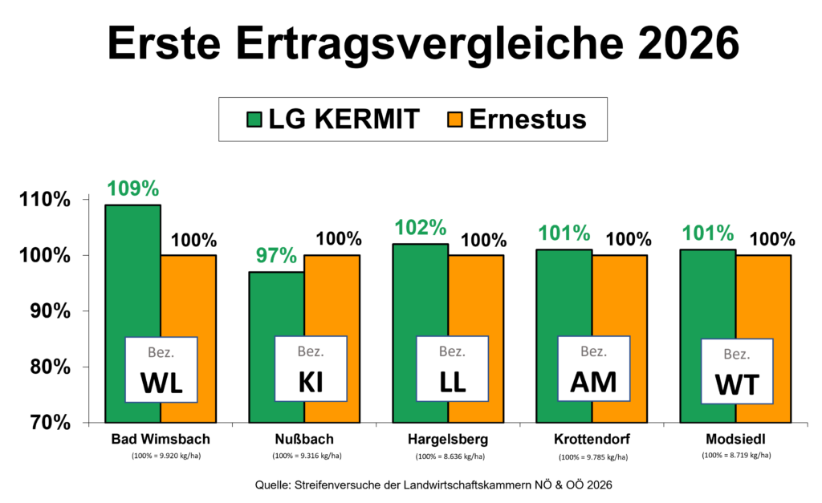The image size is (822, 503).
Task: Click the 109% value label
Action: coord(133,189)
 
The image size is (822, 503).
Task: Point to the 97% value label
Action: coord(276,256)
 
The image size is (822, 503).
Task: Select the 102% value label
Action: coord(421,228)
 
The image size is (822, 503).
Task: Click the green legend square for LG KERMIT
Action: coord(254,120)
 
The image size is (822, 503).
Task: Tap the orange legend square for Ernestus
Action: coord(455,120)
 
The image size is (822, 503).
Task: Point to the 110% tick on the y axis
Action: coord(45,200)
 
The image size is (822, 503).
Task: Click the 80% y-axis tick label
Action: coord(50,367)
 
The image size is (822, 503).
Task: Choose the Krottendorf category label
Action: coord(592,439)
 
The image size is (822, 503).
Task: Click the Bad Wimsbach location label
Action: coord(161,439)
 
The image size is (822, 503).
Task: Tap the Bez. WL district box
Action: coord(161,370)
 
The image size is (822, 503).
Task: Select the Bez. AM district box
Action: coord(593,369)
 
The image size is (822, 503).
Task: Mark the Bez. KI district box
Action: coord(311,369)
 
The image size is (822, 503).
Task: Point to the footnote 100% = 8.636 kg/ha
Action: coord(450,456)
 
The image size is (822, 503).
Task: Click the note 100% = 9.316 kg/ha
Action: coord(307,456)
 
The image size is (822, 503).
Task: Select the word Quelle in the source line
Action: coord(271,485)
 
